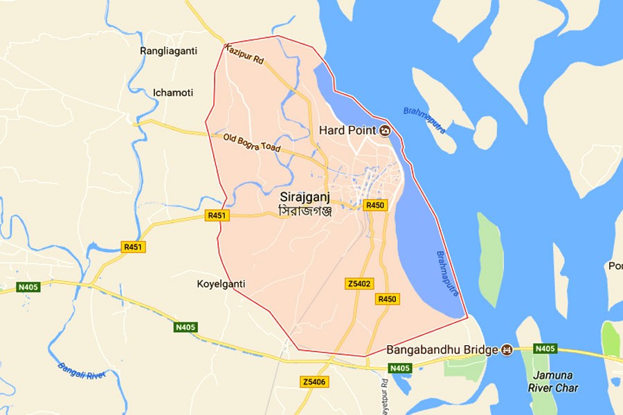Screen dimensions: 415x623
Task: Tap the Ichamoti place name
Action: [173, 92]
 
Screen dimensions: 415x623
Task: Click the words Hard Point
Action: [347, 130]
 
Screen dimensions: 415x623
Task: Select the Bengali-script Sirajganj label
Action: [305, 210]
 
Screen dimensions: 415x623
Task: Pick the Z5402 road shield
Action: [360, 284]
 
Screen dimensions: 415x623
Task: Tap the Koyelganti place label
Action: [221, 284]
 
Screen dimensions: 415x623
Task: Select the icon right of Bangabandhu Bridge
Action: [507, 350]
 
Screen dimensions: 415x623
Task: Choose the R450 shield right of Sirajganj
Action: [375, 205]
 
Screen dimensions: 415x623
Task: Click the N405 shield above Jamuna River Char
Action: [545, 348]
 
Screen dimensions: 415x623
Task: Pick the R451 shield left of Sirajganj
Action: [217, 216]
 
